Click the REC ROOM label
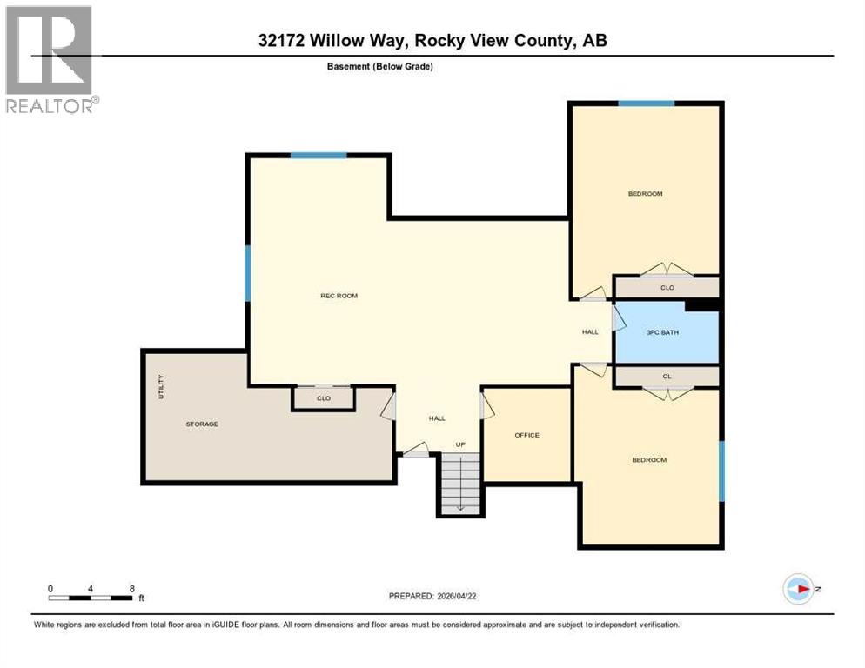coord(339,296)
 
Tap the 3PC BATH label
coord(662,332)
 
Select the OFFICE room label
coord(526,435)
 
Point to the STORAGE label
coord(202,424)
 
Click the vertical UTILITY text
coord(160,387)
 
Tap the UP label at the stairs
coord(460,444)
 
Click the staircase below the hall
coord(459,484)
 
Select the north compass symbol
coord(798,589)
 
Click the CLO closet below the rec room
coord(323,398)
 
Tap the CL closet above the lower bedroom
coord(667,377)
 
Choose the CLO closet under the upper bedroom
coord(667,287)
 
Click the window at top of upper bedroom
coord(646,104)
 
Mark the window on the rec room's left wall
coord(248,273)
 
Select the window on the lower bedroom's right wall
coord(721,471)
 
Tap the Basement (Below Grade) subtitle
coord(380,66)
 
